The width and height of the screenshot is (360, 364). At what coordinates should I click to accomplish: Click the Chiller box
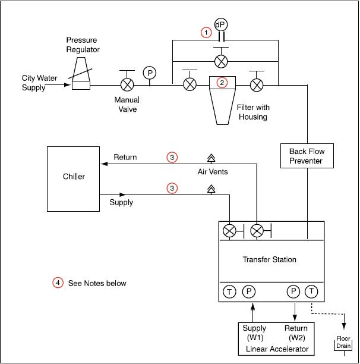coord(74,177)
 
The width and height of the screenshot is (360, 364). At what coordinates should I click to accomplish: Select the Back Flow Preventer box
coord(307,156)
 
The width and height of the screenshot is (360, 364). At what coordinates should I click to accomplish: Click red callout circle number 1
coord(206,33)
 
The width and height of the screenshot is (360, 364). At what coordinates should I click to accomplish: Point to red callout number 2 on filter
coord(222,83)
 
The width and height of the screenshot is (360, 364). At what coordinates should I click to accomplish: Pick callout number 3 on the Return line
coord(172,158)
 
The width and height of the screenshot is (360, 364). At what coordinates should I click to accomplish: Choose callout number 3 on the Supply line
coord(172,188)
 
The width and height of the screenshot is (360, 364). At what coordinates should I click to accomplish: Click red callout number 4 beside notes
coord(58,283)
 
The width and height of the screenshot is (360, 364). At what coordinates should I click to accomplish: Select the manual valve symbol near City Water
coord(127,84)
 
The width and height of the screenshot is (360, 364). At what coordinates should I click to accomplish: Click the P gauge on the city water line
coord(149,73)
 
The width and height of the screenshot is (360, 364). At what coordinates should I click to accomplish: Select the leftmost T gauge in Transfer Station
coord(229,291)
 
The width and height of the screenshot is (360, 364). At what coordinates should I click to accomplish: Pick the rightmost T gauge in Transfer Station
coord(311,291)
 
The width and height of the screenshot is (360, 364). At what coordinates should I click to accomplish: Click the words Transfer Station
coord(269,259)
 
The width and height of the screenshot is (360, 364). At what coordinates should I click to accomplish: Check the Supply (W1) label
coord(254,332)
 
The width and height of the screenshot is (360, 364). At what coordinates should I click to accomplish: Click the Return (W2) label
coord(296,332)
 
